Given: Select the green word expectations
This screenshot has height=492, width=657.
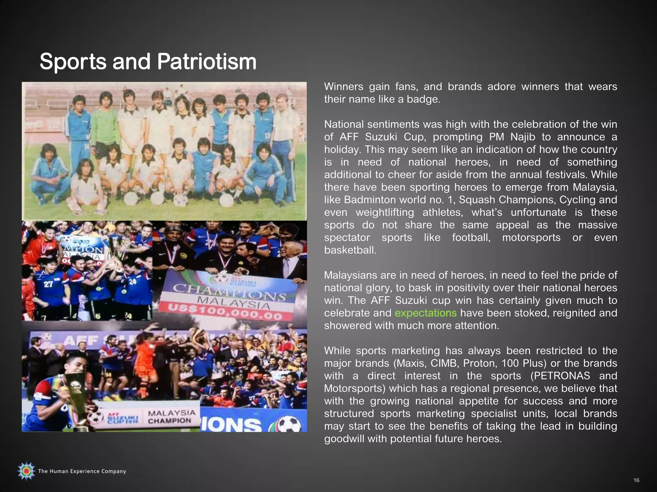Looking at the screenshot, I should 425,313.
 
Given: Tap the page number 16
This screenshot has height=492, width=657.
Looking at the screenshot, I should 636,480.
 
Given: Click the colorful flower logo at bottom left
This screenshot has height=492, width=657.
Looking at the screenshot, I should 26,471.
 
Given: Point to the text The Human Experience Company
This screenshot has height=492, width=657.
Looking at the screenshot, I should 82,471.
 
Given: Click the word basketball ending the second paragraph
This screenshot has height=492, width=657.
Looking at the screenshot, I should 350,250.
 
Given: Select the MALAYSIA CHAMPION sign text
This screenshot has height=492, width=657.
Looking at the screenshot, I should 172,417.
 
